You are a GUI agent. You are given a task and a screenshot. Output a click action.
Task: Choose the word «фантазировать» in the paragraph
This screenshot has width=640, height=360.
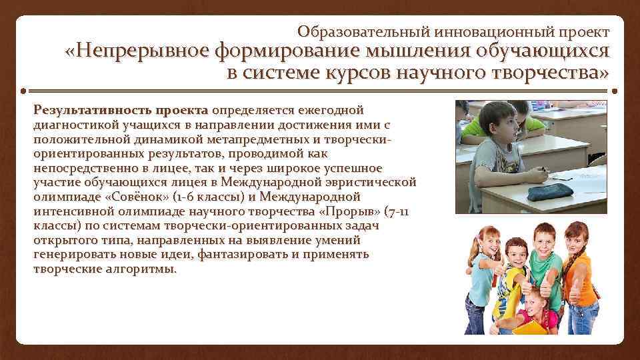pyautogui.click(x=225, y=255)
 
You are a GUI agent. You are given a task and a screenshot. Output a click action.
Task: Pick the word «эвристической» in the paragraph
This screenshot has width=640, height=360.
pyautogui.click(x=375, y=183)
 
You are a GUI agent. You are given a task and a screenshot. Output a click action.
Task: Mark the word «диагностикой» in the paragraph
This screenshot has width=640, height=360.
pyautogui.click(x=71, y=124)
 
